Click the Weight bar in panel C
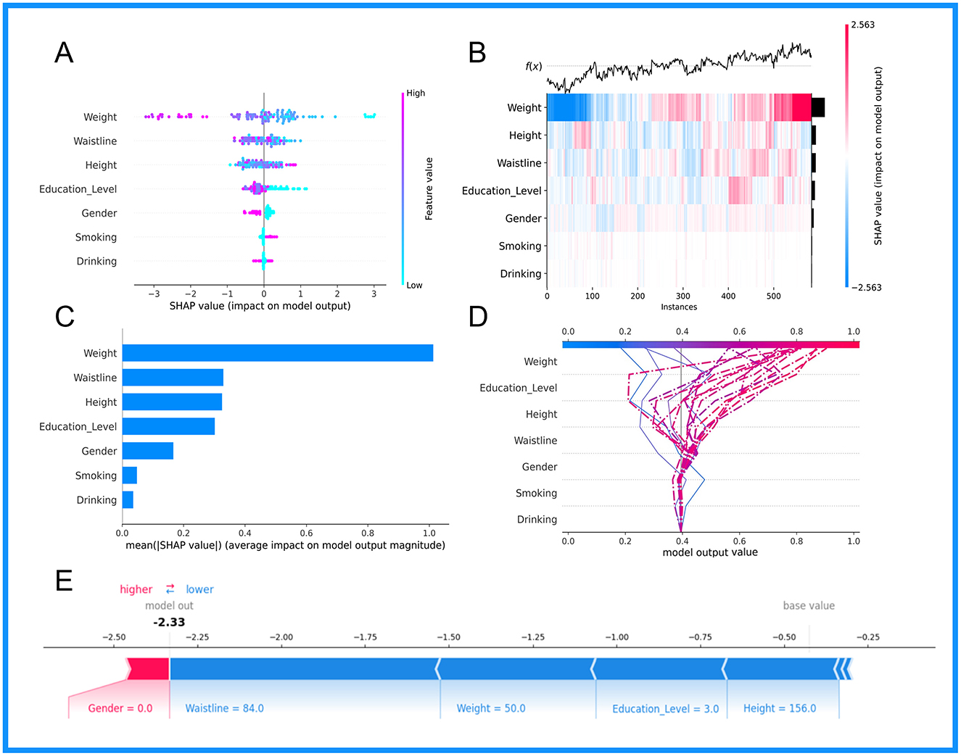click(x=278, y=352)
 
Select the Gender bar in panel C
click(x=148, y=451)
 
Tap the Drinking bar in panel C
click(x=128, y=500)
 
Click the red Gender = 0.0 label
click(x=120, y=708)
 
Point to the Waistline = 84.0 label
click(x=225, y=708)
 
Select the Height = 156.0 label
click(x=780, y=708)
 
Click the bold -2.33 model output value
click(x=169, y=622)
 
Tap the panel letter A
click(x=64, y=53)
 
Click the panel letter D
click(x=478, y=317)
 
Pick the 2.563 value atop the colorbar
click(x=863, y=25)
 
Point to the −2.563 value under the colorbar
click(x=866, y=288)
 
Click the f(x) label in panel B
click(x=534, y=67)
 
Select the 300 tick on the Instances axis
click(x=682, y=296)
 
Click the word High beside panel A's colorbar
click(x=416, y=93)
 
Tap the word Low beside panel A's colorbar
click(x=414, y=285)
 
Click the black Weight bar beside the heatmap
click(x=818, y=107)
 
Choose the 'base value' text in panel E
click(x=809, y=606)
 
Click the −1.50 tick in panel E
click(x=448, y=637)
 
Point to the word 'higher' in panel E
click(x=136, y=589)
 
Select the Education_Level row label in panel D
click(x=518, y=388)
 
